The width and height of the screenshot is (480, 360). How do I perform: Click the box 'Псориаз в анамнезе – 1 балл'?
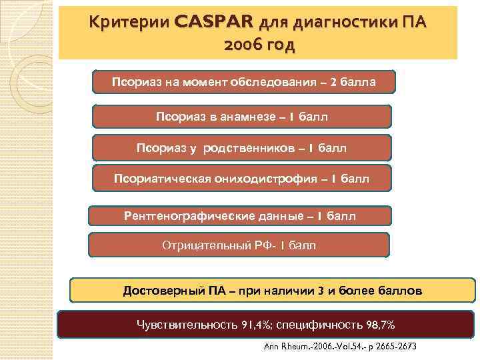[x=242, y=116]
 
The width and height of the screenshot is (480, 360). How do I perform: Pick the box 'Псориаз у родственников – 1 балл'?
[x=242, y=147]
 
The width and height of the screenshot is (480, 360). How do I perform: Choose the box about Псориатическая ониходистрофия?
[x=242, y=179]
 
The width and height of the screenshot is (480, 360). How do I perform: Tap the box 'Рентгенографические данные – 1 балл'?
[x=240, y=216]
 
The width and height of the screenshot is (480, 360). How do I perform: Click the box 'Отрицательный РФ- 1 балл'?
[x=239, y=245]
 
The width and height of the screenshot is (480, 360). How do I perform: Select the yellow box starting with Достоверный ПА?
[x=272, y=291]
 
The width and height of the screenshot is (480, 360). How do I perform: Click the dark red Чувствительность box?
[x=266, y=325]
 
